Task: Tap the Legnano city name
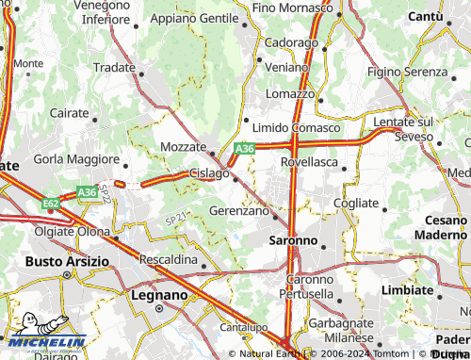click(x=157, y=295)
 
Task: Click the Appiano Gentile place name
click(x=194, y=18)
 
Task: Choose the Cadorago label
click(x=291, y=43)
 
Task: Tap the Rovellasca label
click(x=310, y=161)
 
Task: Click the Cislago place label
click(x=209, y=173)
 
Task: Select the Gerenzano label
click(x=239, y=211)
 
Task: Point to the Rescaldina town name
click(x=168, y=258)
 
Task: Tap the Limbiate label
click(x=408, y=289)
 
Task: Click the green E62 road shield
click(x=51, y=202)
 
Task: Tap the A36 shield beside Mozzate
click(x=245, y=148)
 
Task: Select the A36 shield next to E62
click(x=88, y=192)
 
